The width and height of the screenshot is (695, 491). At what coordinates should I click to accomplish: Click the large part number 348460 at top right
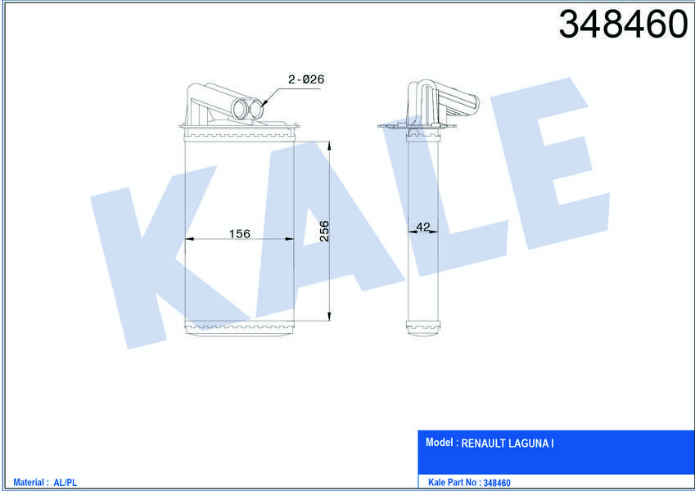pos(623,24)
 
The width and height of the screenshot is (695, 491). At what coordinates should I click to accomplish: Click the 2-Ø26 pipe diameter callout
pos(306,79)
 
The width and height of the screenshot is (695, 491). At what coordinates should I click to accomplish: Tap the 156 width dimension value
pos(239,233)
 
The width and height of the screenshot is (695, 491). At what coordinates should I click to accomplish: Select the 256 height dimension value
pos(324,231)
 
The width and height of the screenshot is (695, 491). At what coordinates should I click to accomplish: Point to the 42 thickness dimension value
pos(423,227)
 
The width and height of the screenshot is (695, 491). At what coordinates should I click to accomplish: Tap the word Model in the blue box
pos(439,442)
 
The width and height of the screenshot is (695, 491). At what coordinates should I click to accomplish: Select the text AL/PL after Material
pos(65,483)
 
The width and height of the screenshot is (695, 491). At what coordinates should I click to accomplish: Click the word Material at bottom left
pos(29,482)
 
